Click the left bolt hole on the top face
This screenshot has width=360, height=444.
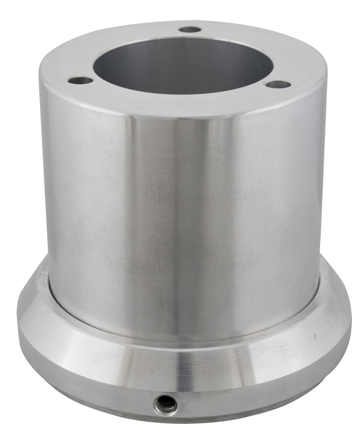(81, 80)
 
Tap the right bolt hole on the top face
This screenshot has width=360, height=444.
(278, 84)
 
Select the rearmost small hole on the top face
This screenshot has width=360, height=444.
(190, 30)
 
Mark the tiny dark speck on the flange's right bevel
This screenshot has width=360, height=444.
(315, 336)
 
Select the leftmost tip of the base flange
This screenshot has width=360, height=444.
(18, 321)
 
